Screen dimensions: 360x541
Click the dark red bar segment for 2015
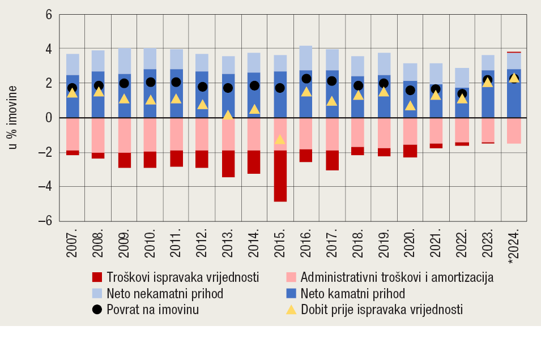[280, 175]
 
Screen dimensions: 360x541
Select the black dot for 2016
[306, 79]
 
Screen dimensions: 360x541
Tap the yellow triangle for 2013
[228, 115]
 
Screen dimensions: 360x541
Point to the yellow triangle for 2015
[280, 139]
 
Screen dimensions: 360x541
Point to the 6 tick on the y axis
[48, 15]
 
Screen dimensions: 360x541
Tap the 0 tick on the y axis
[48, 118]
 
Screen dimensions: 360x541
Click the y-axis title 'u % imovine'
[12, 118]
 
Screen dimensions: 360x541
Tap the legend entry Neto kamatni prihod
[353, 294]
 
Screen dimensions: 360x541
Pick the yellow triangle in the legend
[291, 310]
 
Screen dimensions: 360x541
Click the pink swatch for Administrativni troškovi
[291, 277]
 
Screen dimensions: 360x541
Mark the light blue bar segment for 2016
[306, 58]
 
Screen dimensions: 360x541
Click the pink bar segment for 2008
[98, 135]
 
